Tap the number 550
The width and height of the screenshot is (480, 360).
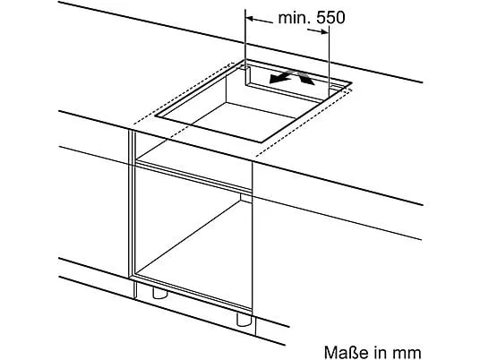pos(330,18)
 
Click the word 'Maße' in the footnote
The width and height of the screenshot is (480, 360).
pos(345,352)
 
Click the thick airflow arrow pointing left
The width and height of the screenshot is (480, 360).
pos(281,76)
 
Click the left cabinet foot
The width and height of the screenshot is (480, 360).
pos(159,293)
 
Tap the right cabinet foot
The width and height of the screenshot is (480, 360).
pos(244,319)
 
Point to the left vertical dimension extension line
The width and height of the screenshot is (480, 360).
pos(245,38)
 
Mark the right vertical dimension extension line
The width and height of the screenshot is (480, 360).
pos(329,60)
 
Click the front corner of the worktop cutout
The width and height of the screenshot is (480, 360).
pos(261,142)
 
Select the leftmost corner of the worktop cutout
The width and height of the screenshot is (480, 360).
pos(155,116)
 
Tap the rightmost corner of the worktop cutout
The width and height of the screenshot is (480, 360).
pos(352,82)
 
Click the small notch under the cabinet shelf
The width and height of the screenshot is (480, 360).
pos(246,198)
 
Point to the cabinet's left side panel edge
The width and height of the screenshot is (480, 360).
pos(132,204)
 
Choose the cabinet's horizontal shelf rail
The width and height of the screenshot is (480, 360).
pos(193,177)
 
